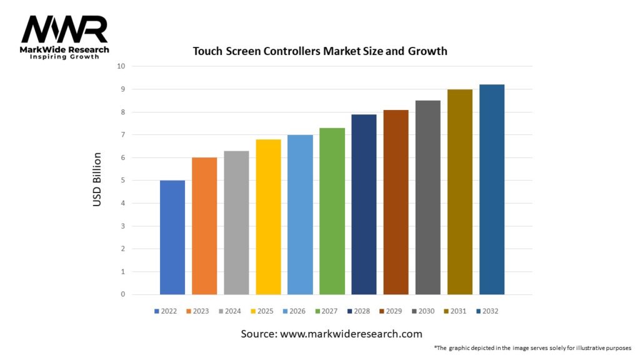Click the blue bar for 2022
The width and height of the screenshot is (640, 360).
click(172, 237)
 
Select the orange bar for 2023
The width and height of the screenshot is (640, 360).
click(204, 226)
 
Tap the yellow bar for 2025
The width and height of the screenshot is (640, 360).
click(268, 217)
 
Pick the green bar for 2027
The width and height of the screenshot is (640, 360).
click(332, 211)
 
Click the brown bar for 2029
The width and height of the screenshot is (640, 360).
click(396, 202)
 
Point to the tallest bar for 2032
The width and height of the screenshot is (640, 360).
click(491, 189)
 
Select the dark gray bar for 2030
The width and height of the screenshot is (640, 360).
click(427, 197)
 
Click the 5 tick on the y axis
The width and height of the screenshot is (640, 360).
click(122, 181)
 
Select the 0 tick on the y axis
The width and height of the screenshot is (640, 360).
click(122, 294)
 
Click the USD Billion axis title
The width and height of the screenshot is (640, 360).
click(97, 180)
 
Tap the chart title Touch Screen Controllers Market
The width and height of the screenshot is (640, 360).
click(319, 51)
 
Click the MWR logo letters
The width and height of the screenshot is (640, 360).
click(64, 29)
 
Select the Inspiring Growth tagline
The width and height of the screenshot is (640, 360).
click(65, 57)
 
